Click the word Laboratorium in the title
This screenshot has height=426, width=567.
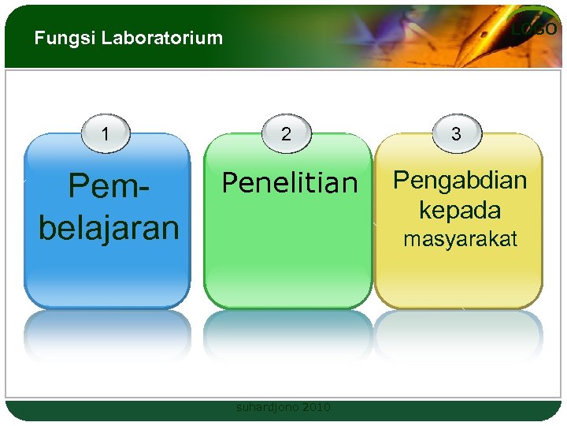tap(162, 38)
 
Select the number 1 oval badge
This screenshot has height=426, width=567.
tap(106, 133)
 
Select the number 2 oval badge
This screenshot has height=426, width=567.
tap(286, 133)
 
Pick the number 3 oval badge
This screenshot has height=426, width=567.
tap(456, 133)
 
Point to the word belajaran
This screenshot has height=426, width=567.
tap(109, 227)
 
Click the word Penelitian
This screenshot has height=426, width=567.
tap(289, 183)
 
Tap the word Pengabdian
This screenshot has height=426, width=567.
tap(460, 180)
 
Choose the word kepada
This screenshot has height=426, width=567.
tap(460, 210)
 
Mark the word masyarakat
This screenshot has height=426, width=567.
tap(460, 239)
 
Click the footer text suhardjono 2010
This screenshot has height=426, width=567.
tap(283, 407)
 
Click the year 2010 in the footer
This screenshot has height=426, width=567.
tap(316, 407)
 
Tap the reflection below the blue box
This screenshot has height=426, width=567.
tap(107, 335)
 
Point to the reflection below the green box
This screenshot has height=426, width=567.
tap(287, 335)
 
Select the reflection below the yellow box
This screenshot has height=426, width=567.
tap(458, 335)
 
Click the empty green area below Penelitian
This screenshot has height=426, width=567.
tap(287, 252)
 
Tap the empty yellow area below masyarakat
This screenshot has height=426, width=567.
tap(458, 276)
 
